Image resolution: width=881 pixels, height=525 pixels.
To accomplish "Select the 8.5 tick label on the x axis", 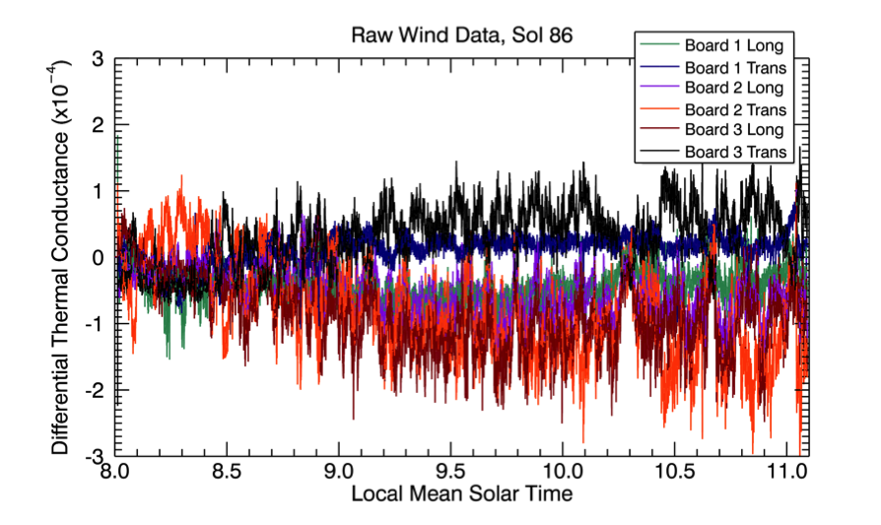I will (228, 473).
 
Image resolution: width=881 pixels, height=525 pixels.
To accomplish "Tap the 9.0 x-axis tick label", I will (339, 473).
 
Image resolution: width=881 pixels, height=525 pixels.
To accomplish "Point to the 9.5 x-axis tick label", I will (450, 473).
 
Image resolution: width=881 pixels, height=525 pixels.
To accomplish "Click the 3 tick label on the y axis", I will (98, 60).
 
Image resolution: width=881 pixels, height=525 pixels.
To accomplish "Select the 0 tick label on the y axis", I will (98, 258).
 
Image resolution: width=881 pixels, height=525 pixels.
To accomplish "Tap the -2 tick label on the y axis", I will (94, 390).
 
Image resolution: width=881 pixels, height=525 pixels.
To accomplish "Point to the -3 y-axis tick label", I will (94, 455).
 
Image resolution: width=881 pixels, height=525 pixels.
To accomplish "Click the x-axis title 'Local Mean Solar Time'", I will (461, 493).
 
